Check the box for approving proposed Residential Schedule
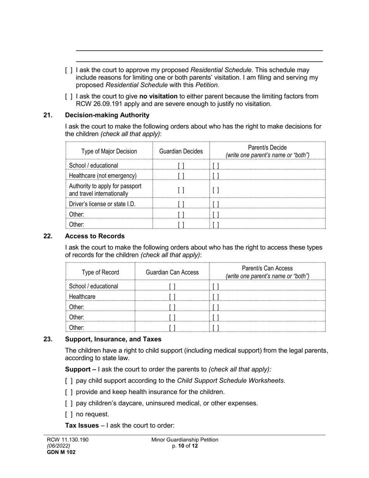pyautogui.click(x=69, y=70)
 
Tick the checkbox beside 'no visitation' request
pyautogui.click(x=69, y=96)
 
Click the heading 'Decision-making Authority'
pyautogui.click(x=107, y=115)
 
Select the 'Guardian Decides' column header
pyautogui.click(x=181, y=151)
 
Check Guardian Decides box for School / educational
pyautogui.click(x=181, y=166)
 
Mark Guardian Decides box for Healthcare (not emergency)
pyautogui.click(x=181, y=176)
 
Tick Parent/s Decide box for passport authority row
pyautogui.click(x=216, y=190)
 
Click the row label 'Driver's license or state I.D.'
pyautogui.click(x=102, y=204)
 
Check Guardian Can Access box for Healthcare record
pyautogui.click(x=172, y=297)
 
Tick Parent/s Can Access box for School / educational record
pyautogui.click(x=216, y=286)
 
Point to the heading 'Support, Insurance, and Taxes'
pyautogui.click(x=113, y=339)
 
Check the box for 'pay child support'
pyautogui.click(x=69, y=381)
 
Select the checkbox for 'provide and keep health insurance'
pyautogui.click(x=69, y=392)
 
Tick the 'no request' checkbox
pyautogui.click(x=69, y=414)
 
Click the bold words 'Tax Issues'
pyautogui.click(x=82, y=426)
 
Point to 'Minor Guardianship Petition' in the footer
pyautogui.click(x=185, y=440)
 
